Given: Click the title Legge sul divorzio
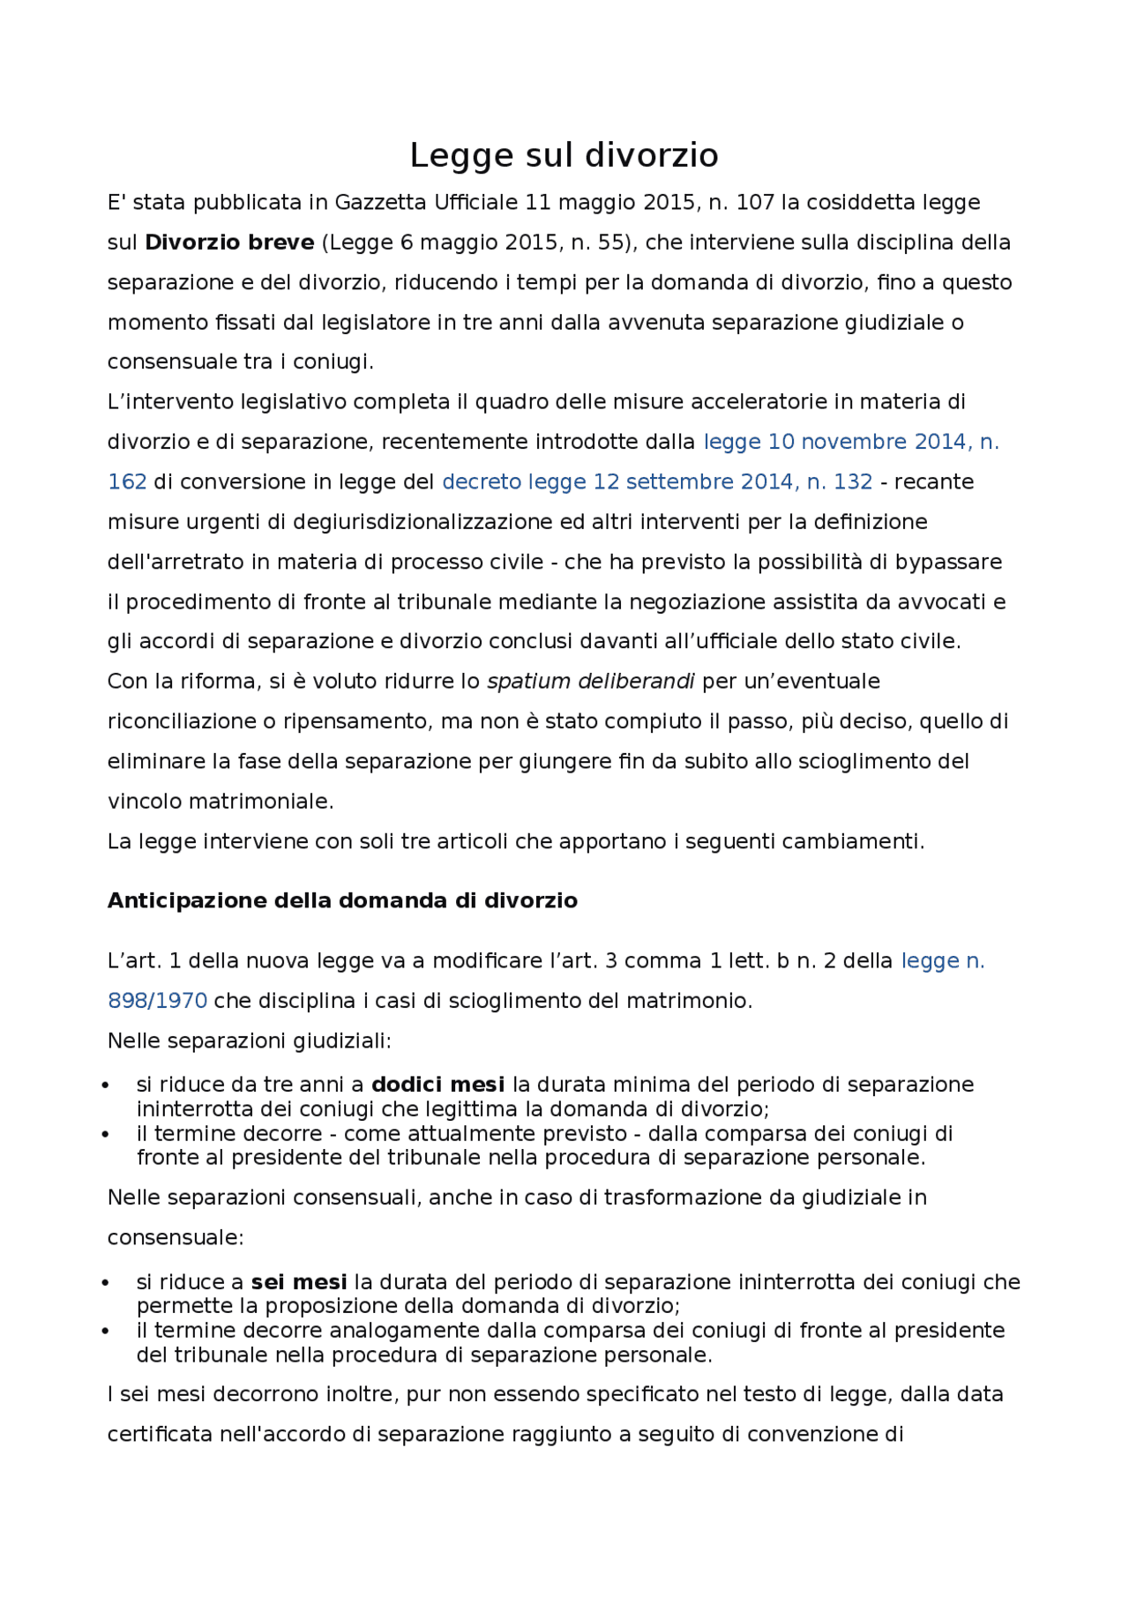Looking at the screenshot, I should point(564,155).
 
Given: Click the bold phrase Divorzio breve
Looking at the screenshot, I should point(229,243).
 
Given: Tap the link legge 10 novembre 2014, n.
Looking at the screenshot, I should point(851,442).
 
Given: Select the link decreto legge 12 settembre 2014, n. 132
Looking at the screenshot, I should point(657,481).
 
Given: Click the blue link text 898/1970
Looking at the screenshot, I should point(157,1001).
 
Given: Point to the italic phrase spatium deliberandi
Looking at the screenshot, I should point(590,682).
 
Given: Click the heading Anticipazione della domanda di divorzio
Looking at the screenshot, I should point(342,900).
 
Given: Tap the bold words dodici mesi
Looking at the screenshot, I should point(437,1085).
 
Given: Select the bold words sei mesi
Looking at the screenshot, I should point(299,1282).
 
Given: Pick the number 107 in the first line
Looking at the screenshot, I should point(755,203).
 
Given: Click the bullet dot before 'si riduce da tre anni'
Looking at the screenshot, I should point(106,1086).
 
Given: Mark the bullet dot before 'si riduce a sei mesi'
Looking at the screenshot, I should point(106,1283).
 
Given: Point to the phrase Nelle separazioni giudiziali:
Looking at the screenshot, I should point(249,1041).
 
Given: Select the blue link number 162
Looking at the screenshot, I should point(126,481).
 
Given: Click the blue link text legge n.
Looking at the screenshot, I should point(942,961).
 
